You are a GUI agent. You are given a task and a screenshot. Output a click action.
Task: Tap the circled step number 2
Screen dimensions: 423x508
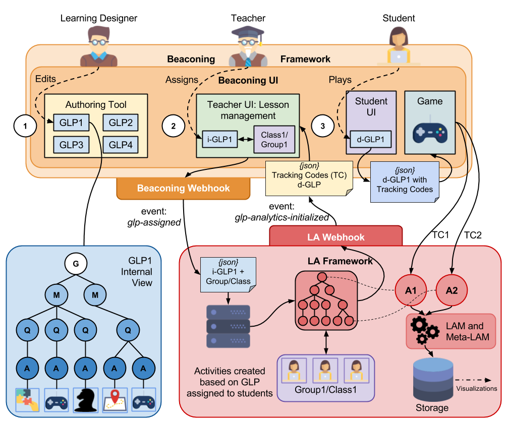[x=174, y=126]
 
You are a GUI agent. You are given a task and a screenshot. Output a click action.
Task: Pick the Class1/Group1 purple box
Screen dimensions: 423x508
[x=274, y=139]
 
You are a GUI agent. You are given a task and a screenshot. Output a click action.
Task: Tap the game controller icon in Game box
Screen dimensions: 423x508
[x=430, y=132]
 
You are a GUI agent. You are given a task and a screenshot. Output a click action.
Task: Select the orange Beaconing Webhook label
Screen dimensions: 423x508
[x=183, y=188]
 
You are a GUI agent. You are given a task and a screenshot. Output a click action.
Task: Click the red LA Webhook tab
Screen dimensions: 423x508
[x=336, y=236]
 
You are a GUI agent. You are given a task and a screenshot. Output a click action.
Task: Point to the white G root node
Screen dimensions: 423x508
[x=76, y=263]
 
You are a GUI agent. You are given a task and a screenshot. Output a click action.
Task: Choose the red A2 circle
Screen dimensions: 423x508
[x=451, y=290]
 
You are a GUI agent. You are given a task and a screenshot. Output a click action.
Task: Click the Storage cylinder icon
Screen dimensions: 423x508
[x=431, y=379]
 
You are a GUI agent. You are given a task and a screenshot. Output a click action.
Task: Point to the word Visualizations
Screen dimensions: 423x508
[x=477, y=388]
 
